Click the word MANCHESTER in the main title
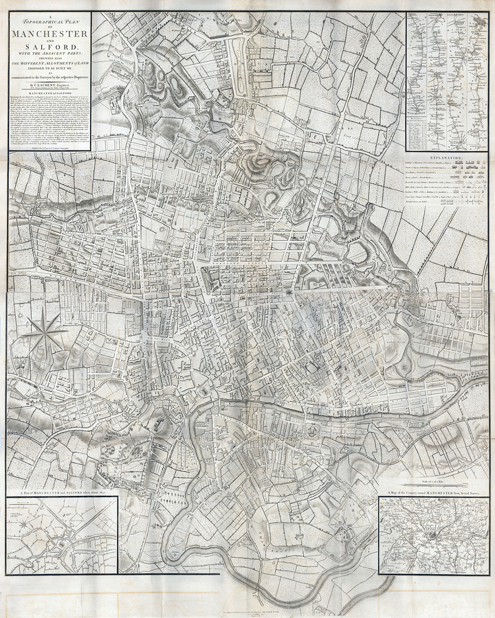[x=48, y=34]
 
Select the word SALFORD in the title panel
[x=48, y=47]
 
